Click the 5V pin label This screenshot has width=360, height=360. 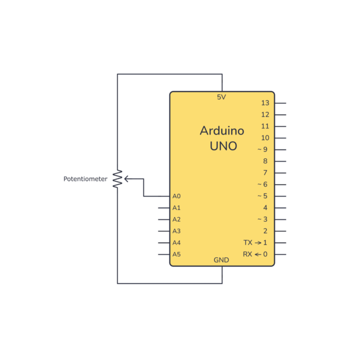(221, 97)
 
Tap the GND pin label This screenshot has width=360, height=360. (221, 260)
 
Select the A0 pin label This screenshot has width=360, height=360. (177, 196)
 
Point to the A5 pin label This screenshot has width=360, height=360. (177, 254)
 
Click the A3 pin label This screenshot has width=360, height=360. (177, 231)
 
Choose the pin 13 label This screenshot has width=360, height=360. (265, 103)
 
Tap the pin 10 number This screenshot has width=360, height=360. (265, 138)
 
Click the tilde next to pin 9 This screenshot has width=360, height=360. (259, 150)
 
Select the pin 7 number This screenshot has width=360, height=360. (265, 172)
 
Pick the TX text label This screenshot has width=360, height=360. (248, 243)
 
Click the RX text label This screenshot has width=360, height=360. (247, 254)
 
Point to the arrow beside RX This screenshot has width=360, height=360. (258, 254)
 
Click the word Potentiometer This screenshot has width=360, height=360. (85, 179)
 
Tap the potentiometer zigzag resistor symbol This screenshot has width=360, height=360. (117, 179)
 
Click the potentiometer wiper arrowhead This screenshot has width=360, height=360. (126, 178)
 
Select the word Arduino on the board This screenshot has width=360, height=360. (222, 130)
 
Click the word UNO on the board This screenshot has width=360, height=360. (223, 146)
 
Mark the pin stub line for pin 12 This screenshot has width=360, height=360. (280, 115)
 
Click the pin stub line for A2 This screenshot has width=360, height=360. (164, 219)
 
